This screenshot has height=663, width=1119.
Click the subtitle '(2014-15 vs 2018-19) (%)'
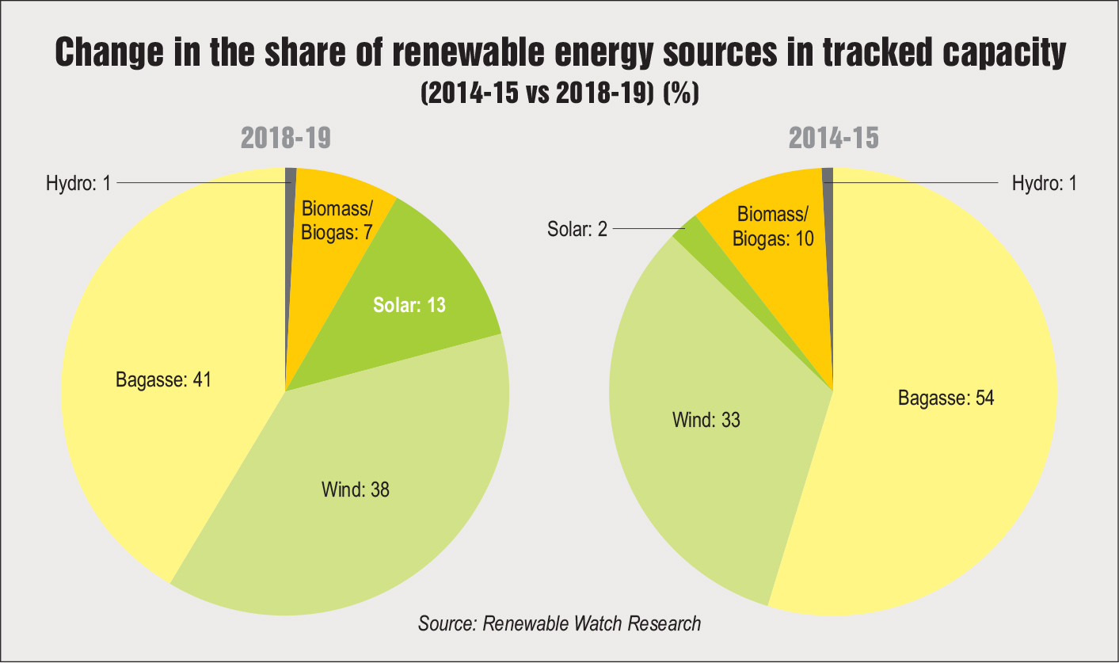pyautogui.click(x=559, y=94)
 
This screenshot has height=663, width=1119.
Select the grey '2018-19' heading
pyautogui.click(x=285, y=139)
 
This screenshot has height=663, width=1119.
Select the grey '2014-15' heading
pyautogui.click(x=833, y=139)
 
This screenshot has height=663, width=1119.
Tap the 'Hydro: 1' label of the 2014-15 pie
pyautogui.click(x=1045, y=184)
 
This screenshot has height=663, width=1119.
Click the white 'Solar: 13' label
pyautogui.click(x=409, y=305)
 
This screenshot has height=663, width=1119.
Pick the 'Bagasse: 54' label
pyautogui.click(x=946, y=398)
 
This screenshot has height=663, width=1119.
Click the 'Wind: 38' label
pyautogui.click(x=356, y=490)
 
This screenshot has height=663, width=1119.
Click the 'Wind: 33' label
pyautogui.click(x=706, y=420)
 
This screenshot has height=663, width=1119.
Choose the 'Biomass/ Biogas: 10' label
pyautogui.click(x=774, y=227)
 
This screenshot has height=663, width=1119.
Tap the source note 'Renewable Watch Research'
pyautogui.click(x=559, y=623)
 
